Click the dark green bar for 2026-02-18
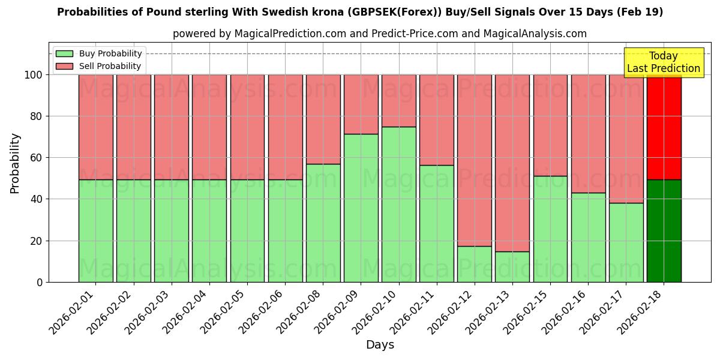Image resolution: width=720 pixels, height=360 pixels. [x=664, y=230]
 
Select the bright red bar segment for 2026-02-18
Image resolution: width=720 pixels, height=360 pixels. [x=664, y=127]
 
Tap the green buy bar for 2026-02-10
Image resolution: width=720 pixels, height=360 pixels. [x=398, y=204]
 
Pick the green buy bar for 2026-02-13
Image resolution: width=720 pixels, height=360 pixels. [x=512, y=266]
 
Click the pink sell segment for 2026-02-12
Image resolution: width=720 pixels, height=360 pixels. [x=475, y=160]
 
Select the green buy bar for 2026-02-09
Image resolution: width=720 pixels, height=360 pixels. [x=361, y=208]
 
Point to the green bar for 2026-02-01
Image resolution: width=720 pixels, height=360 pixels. [x=95, y=230]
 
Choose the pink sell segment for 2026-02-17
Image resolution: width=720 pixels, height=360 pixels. [x=626, y=139]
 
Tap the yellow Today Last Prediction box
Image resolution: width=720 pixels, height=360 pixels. [x=663, y=62]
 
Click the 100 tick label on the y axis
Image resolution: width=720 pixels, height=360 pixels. [x=34, y=75]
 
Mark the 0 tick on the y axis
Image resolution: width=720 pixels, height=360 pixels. [x=40, y=282]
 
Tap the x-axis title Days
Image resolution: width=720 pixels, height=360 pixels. [x=380, y=345]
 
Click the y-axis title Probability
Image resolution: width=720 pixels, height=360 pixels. [x=15, y=163]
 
